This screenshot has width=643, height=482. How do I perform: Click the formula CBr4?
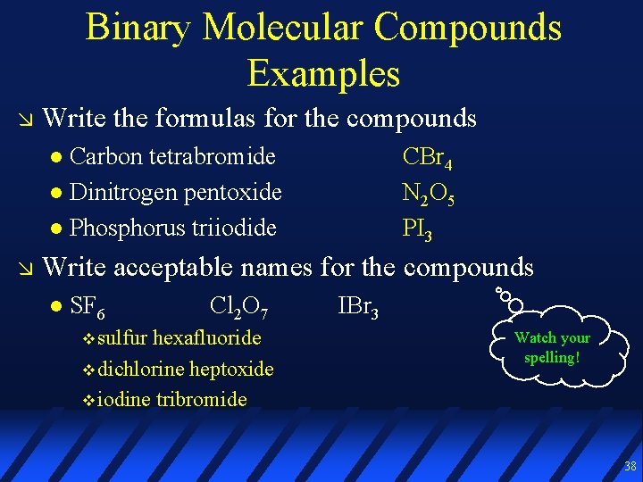[x=427, y=158]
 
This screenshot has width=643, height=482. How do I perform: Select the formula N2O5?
[x=429, y=194]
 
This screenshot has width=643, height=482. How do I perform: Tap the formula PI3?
[x=418, y=229]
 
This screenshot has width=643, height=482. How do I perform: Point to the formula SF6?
[x=87, y=308]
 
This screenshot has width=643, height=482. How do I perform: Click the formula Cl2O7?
[x=236, y=308]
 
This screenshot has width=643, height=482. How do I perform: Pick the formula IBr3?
[x=358, y=308]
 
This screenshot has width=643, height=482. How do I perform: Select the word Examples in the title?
[x=323, y=72]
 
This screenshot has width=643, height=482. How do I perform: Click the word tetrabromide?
[x=212, y=156]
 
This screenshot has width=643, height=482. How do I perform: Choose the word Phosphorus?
[x=120, y=228]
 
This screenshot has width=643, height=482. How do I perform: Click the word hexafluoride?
[x=207, y=337]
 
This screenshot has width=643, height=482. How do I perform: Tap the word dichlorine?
[x=141, y=369]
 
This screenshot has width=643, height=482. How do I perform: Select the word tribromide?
[x=201, y=399]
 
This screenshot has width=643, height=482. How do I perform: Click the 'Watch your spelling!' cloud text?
[x=552, y=347]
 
